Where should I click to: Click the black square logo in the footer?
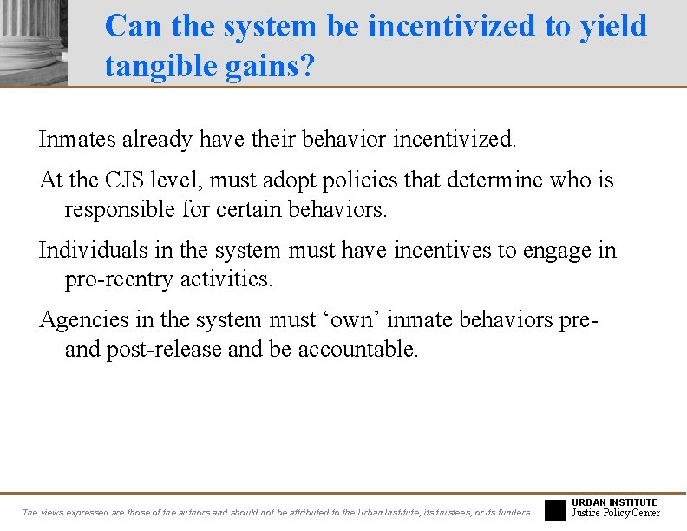pyautogui.click(x=555, y=509)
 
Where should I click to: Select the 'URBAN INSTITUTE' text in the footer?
pyautogui.click(x=615, y=502)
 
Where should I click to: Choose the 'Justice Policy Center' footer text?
pyautogui.click(x=616, y=513)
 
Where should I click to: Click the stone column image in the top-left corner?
pyautogui.click(x=33, y=42)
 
